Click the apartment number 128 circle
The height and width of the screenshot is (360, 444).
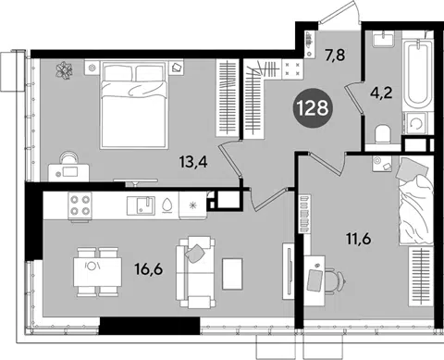point(313,108)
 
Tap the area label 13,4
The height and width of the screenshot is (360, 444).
point(193,162)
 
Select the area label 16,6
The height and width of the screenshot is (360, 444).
point(149,269)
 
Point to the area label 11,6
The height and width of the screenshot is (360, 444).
point(358,239)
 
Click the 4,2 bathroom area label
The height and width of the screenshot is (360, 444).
point(381,93)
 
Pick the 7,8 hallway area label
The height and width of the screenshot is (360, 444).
point(334,56)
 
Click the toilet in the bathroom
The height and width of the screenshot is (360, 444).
point(383,134)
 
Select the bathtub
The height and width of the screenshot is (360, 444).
point(417,73)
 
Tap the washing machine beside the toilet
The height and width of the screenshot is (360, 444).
point(415,124)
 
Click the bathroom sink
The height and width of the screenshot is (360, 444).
point(383,39)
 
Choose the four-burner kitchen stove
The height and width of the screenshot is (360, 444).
point(80,205)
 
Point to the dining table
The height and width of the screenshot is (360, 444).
point(97,272)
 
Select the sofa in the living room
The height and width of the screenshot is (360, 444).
point(195,272)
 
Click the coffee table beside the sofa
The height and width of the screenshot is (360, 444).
point(232,274)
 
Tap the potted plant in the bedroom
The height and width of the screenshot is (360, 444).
point(64,70)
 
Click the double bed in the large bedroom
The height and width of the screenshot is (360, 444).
point(135,105)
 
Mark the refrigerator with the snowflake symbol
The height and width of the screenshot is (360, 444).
point(193,205)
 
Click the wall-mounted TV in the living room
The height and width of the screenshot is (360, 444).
point(289,271)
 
